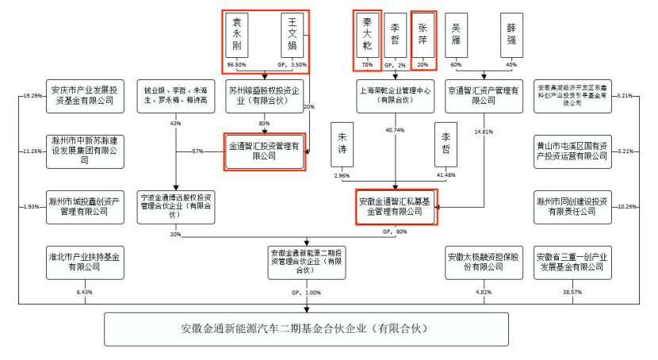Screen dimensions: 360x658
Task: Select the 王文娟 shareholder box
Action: [x=293, y=33]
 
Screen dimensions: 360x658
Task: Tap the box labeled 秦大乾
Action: [x=367, y=33]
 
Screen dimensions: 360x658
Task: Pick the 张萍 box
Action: [x=424, y=33]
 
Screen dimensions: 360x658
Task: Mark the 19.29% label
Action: [x=33, y=96]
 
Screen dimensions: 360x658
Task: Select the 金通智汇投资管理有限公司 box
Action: [x=265, y=151]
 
